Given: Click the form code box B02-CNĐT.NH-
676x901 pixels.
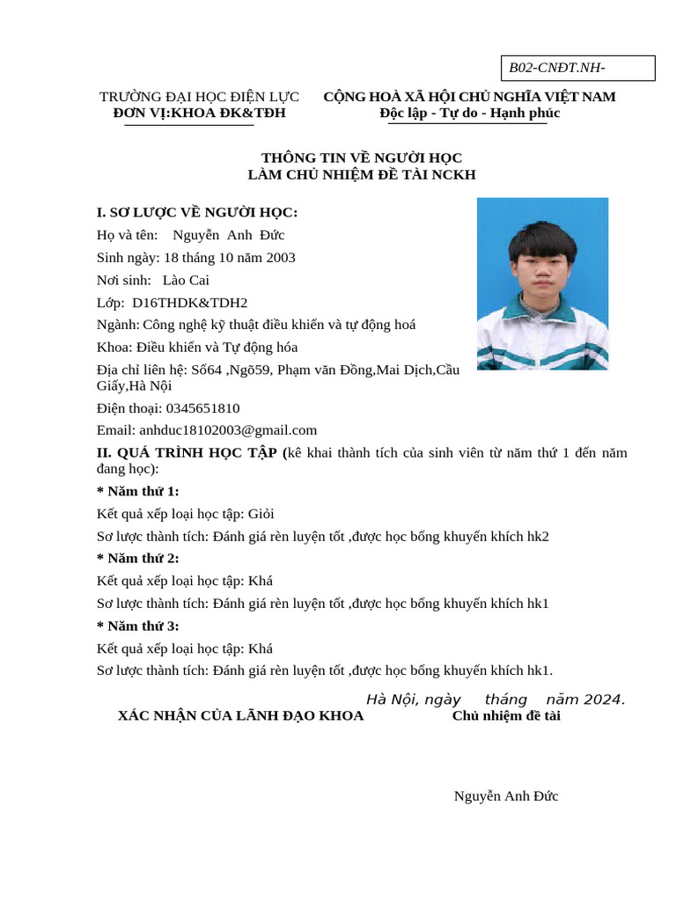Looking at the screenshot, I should click(578, 69).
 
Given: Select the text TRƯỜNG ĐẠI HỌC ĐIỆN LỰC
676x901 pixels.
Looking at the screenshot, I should click(199, 97).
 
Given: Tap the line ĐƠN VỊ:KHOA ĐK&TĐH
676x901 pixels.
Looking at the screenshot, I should click(199, 114).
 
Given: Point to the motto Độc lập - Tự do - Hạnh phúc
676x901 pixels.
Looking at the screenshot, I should click(469, 114).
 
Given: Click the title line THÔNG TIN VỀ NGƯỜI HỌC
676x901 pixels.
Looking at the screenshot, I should click(362, 157).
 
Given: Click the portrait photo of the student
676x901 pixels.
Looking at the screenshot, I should click(542, 283).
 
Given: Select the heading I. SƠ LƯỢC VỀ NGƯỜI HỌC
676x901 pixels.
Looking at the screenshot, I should click(197, 212).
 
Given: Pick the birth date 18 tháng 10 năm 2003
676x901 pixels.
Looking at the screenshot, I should click(230, 258).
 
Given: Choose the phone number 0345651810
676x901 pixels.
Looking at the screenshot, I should click(202, 408).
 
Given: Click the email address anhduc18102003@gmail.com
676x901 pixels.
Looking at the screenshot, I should click(228, 430).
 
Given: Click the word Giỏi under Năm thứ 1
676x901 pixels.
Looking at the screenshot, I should click(261, 514).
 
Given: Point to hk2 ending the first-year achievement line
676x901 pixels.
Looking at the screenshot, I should click(538, 537).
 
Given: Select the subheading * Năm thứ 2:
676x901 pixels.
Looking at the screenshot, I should click(137, 558).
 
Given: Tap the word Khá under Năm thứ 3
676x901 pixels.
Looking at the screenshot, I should click(261, 648).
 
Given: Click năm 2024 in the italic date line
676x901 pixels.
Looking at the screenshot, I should click(585, 700).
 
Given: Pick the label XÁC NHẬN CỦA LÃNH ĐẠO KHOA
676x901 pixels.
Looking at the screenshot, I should click(240, 716).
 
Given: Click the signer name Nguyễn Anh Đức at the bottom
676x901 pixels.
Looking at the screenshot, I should click(506, 796).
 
